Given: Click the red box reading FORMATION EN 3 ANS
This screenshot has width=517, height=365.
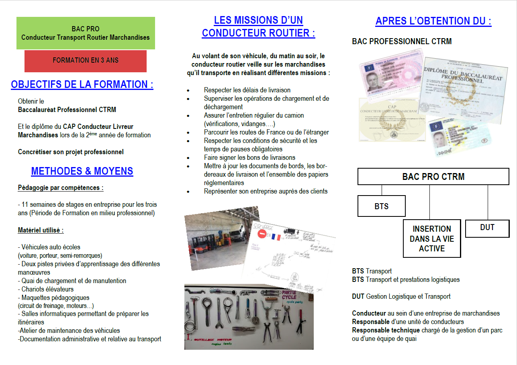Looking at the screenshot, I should tap(86, 61).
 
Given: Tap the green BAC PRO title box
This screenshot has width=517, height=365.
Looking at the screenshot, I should tap(86, 33).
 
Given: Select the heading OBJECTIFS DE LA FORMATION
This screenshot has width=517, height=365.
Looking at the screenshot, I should tap(82, 85).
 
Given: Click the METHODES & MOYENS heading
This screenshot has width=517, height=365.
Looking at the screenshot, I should tap(82, 171).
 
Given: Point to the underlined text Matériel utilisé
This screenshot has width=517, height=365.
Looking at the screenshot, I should tap(41, 230).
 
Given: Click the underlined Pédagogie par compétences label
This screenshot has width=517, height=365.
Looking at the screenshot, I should tap(61, 188).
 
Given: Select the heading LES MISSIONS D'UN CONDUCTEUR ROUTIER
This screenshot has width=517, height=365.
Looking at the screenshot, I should tap(258, 27).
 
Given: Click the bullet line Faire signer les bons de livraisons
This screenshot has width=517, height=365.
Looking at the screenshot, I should tap(249, 157).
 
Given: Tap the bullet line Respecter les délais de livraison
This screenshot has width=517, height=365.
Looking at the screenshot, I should tap(247, 90).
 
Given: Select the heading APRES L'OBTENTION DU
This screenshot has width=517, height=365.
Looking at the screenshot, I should tap(433, 21).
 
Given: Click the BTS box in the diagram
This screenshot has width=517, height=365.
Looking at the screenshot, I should tap(381, 206).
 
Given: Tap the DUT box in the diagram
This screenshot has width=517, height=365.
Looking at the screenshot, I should tap(487, 228).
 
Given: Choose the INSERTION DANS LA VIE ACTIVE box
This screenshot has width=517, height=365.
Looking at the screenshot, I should tap(431, 239).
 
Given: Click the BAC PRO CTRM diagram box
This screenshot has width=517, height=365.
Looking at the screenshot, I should tap(433, 177).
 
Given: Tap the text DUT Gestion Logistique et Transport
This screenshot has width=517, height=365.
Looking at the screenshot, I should tap(401, 296).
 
